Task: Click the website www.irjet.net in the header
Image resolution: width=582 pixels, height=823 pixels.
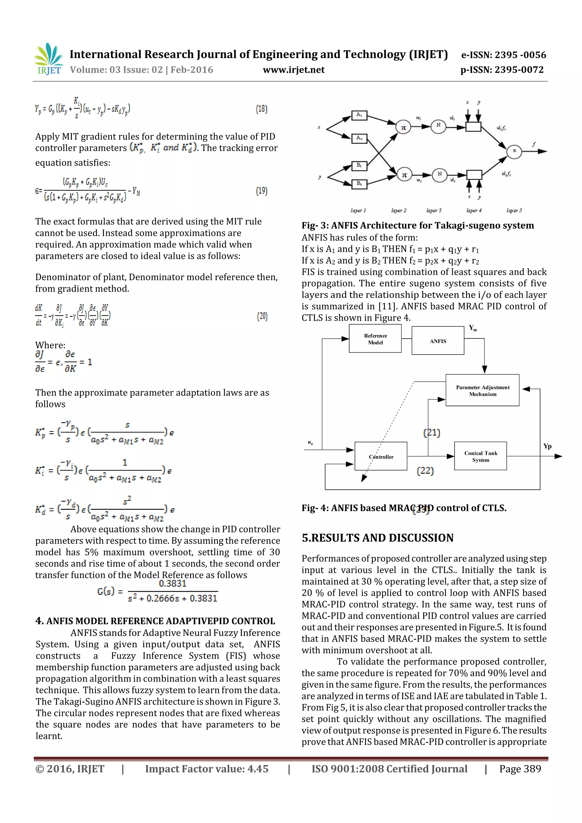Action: coord(293,70)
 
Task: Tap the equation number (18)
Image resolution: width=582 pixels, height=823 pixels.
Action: coord(261,109)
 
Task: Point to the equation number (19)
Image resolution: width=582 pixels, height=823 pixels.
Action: coord(261,191)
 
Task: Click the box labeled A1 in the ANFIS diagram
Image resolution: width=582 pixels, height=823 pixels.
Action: coord(359,115)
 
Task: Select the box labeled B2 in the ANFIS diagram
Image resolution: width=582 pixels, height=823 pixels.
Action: coord(359,184)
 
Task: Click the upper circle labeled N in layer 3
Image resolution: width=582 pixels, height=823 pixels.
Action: coord(438,126)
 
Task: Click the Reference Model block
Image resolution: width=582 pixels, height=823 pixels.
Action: coord(375,339)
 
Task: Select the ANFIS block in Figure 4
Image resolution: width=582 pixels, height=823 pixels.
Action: coord(438,341)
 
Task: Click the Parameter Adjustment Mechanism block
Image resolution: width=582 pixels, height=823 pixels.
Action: coord(482,390)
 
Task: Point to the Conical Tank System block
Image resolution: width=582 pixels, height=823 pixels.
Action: coord(481,456)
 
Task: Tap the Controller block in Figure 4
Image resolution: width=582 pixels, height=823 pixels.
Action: coord(381,456)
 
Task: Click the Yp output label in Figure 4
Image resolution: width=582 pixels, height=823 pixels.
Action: coord(547,446)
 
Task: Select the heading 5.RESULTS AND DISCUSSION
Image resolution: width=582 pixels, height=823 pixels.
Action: coord(378,538)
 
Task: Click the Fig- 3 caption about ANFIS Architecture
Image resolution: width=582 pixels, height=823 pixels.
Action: coord(417,226)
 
